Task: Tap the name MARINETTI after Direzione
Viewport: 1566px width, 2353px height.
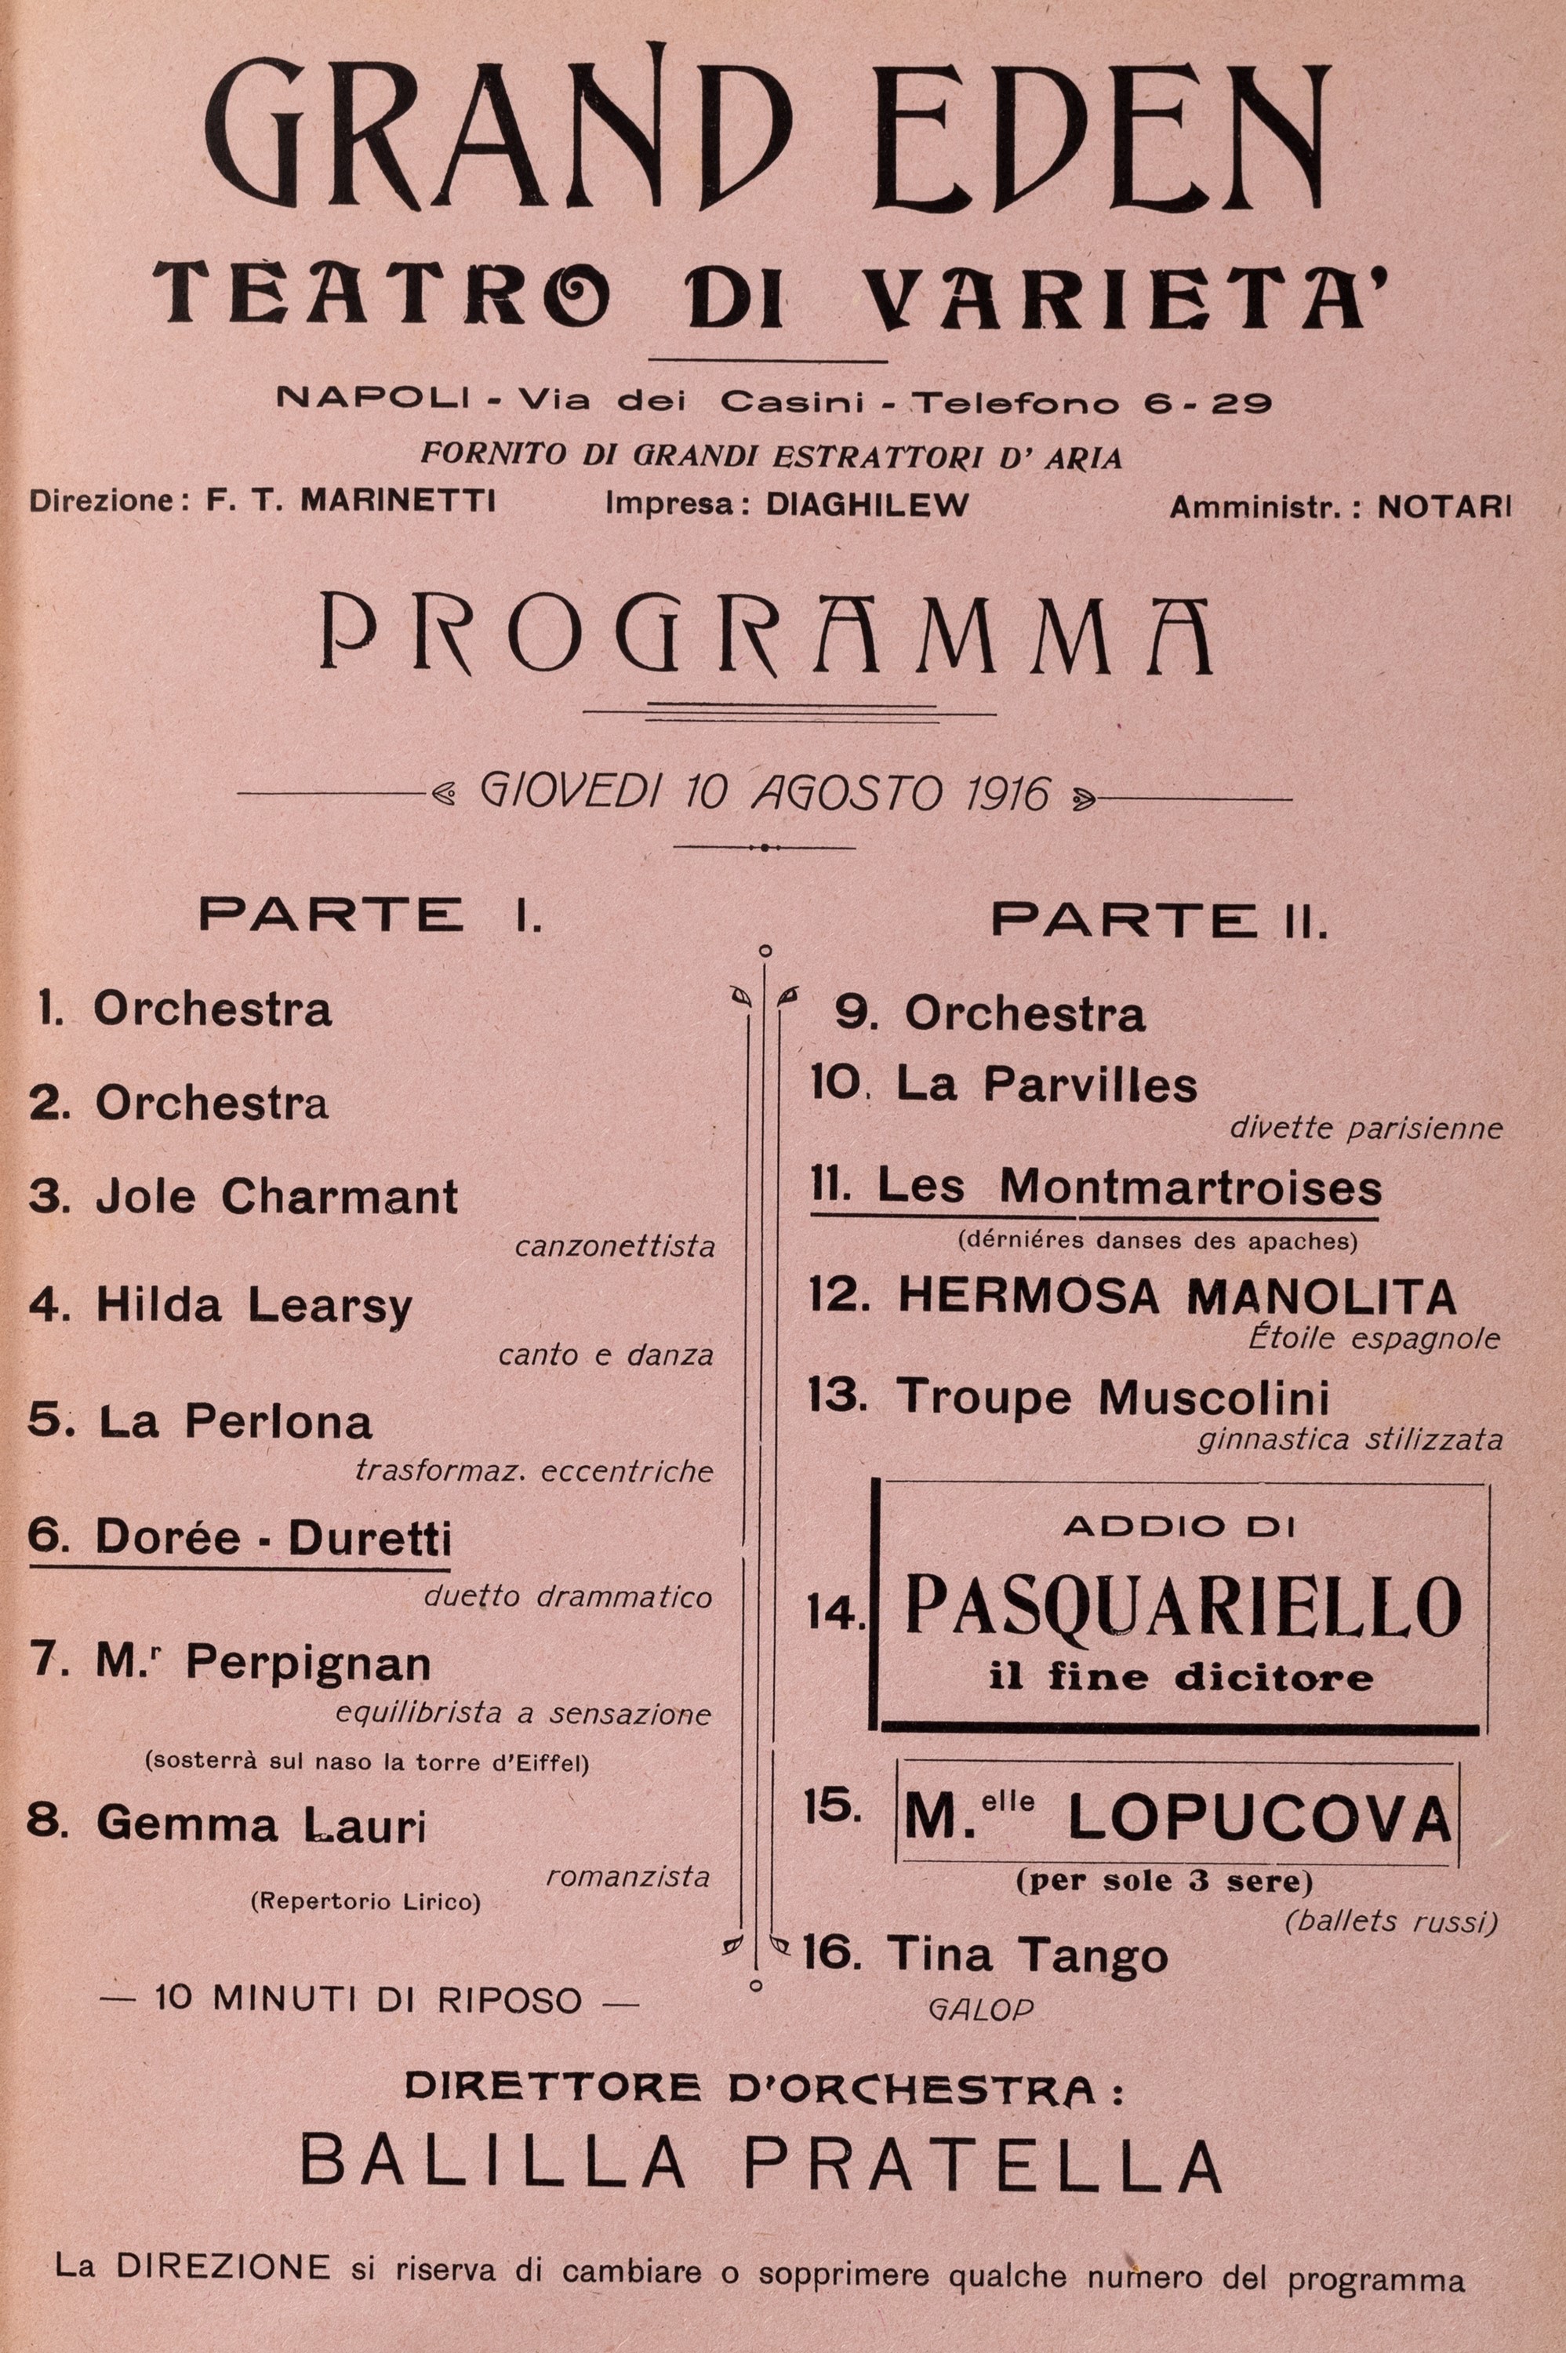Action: [398, 500]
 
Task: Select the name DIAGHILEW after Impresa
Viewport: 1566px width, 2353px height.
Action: [866, 504]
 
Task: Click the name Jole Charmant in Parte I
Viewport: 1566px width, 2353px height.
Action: [277, 1196]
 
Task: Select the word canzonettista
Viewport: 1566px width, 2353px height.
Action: [616, 1246]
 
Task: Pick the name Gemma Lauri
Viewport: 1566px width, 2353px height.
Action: [260, 1824]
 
